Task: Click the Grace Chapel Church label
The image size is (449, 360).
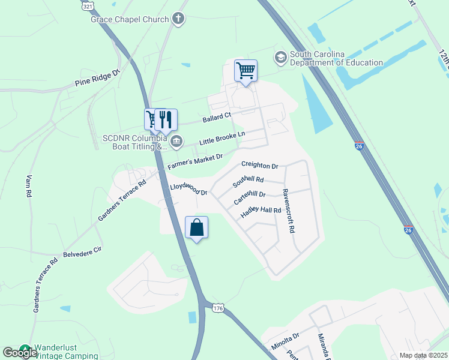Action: pyautogui.click(x=130, y=19)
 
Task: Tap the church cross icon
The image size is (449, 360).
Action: pyautogui.click(x=178, y=19)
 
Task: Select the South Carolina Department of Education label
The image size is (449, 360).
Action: pyautogui.click(x=336, y=58)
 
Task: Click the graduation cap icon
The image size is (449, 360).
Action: pyautogui.click(x=280, y=58)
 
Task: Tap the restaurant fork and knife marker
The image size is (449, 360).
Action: pyautogui.click(x=166, y=119)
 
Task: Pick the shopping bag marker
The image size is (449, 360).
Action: pyautogui.click(x=196, y=227)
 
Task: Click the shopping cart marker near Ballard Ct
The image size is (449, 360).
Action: pyautogui.click(x=246, y=70)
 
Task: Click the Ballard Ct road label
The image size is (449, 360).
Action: pyautogui.click(x=217, y=116)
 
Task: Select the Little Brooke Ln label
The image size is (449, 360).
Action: pyautogui.click(x=222, y=139)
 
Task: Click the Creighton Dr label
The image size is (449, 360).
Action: pyautogui.click(x=260, y=165)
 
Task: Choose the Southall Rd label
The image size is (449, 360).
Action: pyautogui.click(x=249, y=179)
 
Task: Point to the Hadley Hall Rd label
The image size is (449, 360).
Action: pyautogui.click(x=261, y=211)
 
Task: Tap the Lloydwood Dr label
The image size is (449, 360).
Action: pyautogui.click(x=188, y=190)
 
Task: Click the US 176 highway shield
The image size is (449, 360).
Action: pyautogui.click(x=217, y=308)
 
